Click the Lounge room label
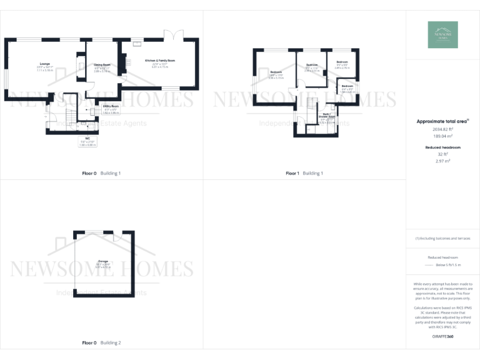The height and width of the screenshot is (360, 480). tap(44, 64)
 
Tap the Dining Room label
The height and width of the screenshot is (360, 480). tap(102, 64)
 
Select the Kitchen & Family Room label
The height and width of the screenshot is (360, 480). tap(160, 60)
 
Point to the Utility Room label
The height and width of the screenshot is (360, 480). tap(111, 106)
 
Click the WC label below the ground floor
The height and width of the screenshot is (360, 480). tap(79, 138)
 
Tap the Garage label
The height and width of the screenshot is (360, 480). tap(102, 261)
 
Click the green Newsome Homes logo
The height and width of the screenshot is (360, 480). tap(442, 35)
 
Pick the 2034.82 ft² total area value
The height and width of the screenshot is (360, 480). tap(442, 129)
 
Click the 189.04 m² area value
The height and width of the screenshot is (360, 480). tap(442, 135)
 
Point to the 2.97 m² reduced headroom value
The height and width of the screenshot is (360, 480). tap(442, 161)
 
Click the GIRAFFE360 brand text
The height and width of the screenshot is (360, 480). tap(442, 337)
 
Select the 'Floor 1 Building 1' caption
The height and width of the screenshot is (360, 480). tap(304, 173)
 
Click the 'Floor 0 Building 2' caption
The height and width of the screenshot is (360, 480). tap(101, 342)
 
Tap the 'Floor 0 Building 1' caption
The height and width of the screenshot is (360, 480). tap(101, 173)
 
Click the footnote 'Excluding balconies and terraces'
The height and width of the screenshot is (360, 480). tap(442, 238)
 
